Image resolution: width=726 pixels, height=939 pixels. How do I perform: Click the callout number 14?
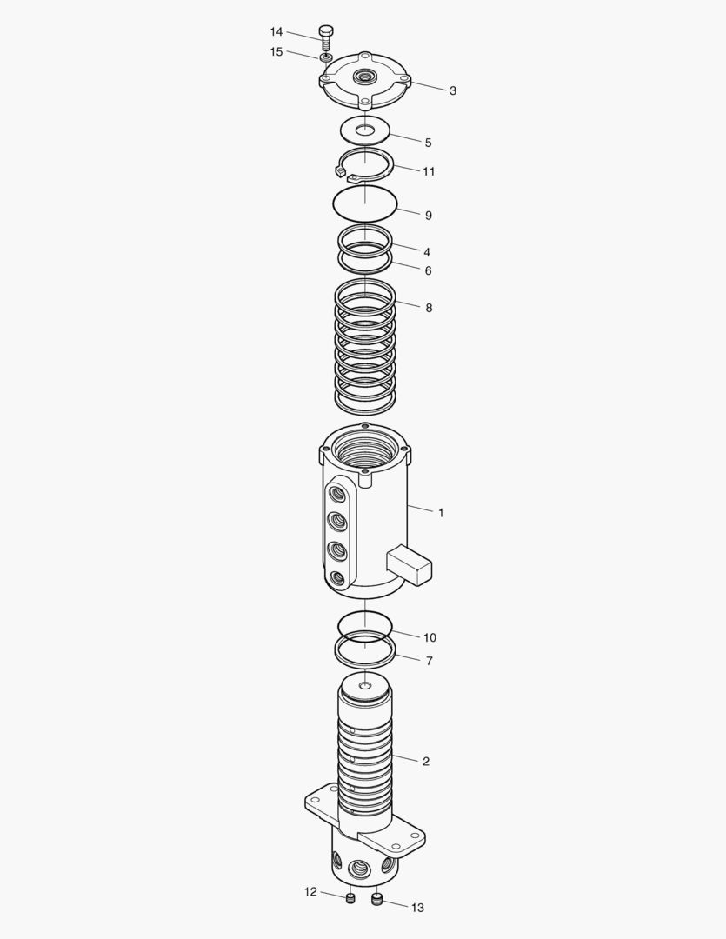coord(276,31)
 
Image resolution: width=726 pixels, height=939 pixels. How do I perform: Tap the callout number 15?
coord(276,52)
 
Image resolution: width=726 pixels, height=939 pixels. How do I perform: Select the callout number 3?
coord(453,90)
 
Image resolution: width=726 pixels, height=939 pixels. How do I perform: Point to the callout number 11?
coord(429,171)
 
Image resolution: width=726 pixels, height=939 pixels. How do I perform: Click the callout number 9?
coord(428,216)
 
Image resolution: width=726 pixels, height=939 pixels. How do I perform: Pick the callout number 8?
coord(428,308)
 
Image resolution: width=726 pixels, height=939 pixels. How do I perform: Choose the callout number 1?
coord(441,513)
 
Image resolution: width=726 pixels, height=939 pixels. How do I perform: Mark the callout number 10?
coord(429,637)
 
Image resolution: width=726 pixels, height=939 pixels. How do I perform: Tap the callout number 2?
coord(426,762)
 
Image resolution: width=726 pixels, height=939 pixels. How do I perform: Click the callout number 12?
coord(310,892)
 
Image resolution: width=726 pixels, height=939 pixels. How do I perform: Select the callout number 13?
coord(417,908)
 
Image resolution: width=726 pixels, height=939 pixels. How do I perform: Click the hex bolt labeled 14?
coord(327,37)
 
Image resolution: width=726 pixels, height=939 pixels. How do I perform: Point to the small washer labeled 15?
coord(326,57)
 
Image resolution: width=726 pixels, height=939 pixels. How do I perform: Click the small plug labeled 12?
coord(350,898)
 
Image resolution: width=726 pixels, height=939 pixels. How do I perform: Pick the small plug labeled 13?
coord(377,899)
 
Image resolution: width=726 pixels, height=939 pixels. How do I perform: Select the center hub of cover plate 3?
coord(363,78)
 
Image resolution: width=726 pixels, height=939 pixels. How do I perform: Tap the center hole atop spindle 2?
coord(364,688)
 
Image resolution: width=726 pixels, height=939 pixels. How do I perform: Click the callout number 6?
coord(428,270)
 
